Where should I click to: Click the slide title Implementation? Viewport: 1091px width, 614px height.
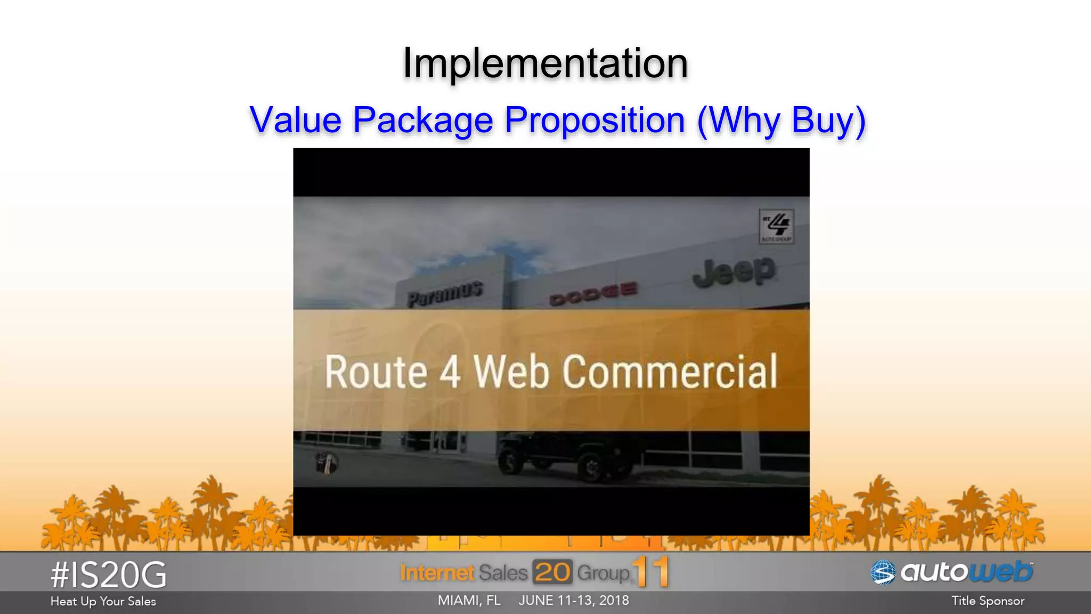coord(545,63)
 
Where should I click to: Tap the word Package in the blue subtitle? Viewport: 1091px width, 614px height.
coord(423,120)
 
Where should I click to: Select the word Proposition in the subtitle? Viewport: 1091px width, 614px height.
coord(595,120)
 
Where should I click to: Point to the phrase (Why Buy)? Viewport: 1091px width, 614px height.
coord(781,120)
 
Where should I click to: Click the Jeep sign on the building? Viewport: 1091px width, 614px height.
coord(734,272)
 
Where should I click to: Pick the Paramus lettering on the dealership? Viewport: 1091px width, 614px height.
coord(445,294)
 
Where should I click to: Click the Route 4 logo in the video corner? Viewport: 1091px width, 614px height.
coord(776,226)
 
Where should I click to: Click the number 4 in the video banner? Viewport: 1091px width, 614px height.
coord(450,371)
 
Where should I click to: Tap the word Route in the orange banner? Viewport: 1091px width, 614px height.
coord(376,371)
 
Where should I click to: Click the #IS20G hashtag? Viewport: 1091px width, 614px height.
coord(108,575)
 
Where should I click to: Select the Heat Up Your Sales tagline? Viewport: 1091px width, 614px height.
coord(103,601)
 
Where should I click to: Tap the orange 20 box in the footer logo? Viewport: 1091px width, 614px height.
coord(552,572)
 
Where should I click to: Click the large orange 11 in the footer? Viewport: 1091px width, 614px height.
coord(651,571)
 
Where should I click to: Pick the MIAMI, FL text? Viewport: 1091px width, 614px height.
coord(469,601)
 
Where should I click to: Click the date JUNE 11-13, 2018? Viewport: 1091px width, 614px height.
coord(574,601)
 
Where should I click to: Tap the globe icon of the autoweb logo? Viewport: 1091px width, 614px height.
coord(883,572)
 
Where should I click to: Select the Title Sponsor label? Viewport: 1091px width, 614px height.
coord(988,601)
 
